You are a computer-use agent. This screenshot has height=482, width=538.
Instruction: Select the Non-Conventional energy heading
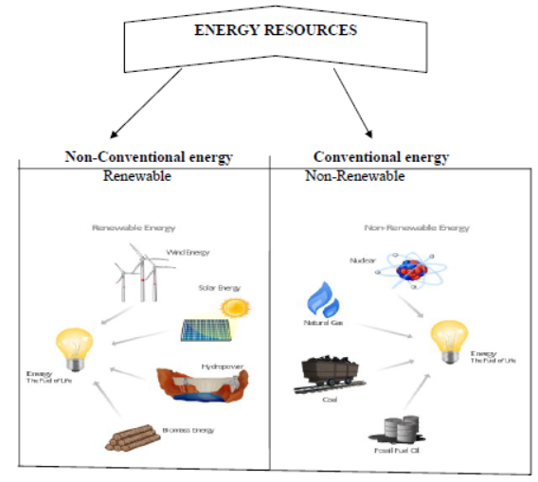(149, 157)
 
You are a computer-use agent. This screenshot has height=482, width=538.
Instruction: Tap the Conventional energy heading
(381, 157)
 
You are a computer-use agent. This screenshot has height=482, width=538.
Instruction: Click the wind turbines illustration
(138, 274)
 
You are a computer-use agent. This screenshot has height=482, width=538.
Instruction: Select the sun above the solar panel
(233, 308)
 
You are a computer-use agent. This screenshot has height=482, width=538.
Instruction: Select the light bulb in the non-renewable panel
(450, 341)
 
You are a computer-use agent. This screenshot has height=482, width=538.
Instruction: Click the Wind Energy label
(188, 253)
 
